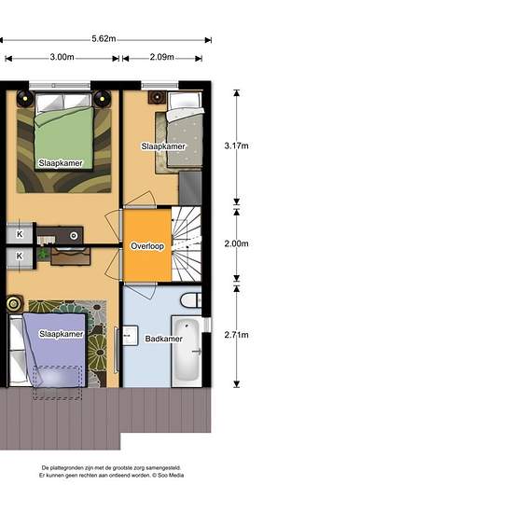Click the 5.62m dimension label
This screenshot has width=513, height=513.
pos(104,38)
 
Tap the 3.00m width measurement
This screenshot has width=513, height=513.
pos(62,57)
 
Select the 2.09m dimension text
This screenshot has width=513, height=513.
pos(162,57)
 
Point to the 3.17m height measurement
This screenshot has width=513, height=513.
pos(236,146)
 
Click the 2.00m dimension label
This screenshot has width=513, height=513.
pos(236,243)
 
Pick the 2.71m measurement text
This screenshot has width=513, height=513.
pos(236,335)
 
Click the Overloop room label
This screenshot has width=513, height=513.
pos(147,246)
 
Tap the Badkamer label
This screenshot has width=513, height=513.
pos(163,339)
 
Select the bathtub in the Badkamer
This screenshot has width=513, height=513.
pos(187,352)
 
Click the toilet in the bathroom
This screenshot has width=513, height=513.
pos(191,300)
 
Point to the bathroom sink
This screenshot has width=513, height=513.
pos(131,336)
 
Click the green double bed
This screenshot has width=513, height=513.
pos(63,132)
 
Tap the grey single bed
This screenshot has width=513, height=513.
pos(184,130)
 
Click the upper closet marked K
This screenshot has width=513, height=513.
pos(20,233)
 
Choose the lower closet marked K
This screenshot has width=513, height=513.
pos(20,256)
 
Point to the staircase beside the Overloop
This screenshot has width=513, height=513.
pos(187,243)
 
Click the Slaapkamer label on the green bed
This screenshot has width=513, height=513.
pos(61,163)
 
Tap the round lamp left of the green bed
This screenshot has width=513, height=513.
pos(25,98)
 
